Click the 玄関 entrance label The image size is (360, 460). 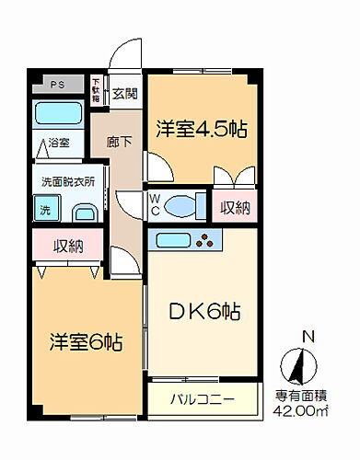coord(126,92)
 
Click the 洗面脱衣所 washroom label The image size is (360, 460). coord(67,182)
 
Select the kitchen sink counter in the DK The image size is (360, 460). coord(188,243)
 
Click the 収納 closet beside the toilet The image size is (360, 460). coord(235,207)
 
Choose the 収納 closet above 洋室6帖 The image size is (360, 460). coord(67,246)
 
